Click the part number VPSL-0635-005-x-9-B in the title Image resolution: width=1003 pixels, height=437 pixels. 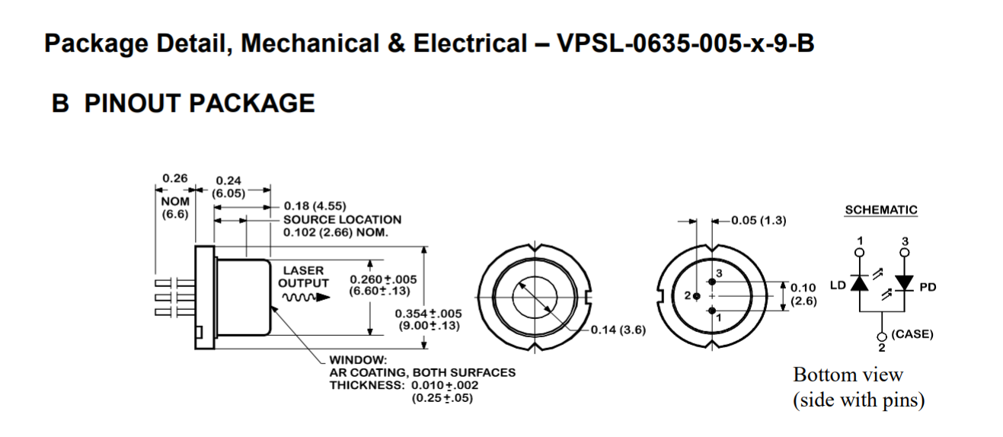pos(685,44)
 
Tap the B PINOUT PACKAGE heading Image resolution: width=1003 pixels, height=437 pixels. pos(183,103)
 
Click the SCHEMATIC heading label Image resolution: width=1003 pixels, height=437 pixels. pos(881,210)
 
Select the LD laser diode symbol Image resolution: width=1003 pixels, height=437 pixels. pos(860,284)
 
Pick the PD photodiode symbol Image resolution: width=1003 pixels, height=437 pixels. pos(905,284)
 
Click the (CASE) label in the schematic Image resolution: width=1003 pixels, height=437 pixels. pos(912,333)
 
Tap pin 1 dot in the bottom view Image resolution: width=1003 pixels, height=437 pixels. pos(711,311)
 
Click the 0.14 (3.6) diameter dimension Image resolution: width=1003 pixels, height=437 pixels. pos(614,330)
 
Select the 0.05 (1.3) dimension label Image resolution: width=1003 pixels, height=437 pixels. pos(757,221)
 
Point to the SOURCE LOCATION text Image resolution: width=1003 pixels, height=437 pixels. pos(342,219)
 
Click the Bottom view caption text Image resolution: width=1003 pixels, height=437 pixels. pos(848,375)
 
